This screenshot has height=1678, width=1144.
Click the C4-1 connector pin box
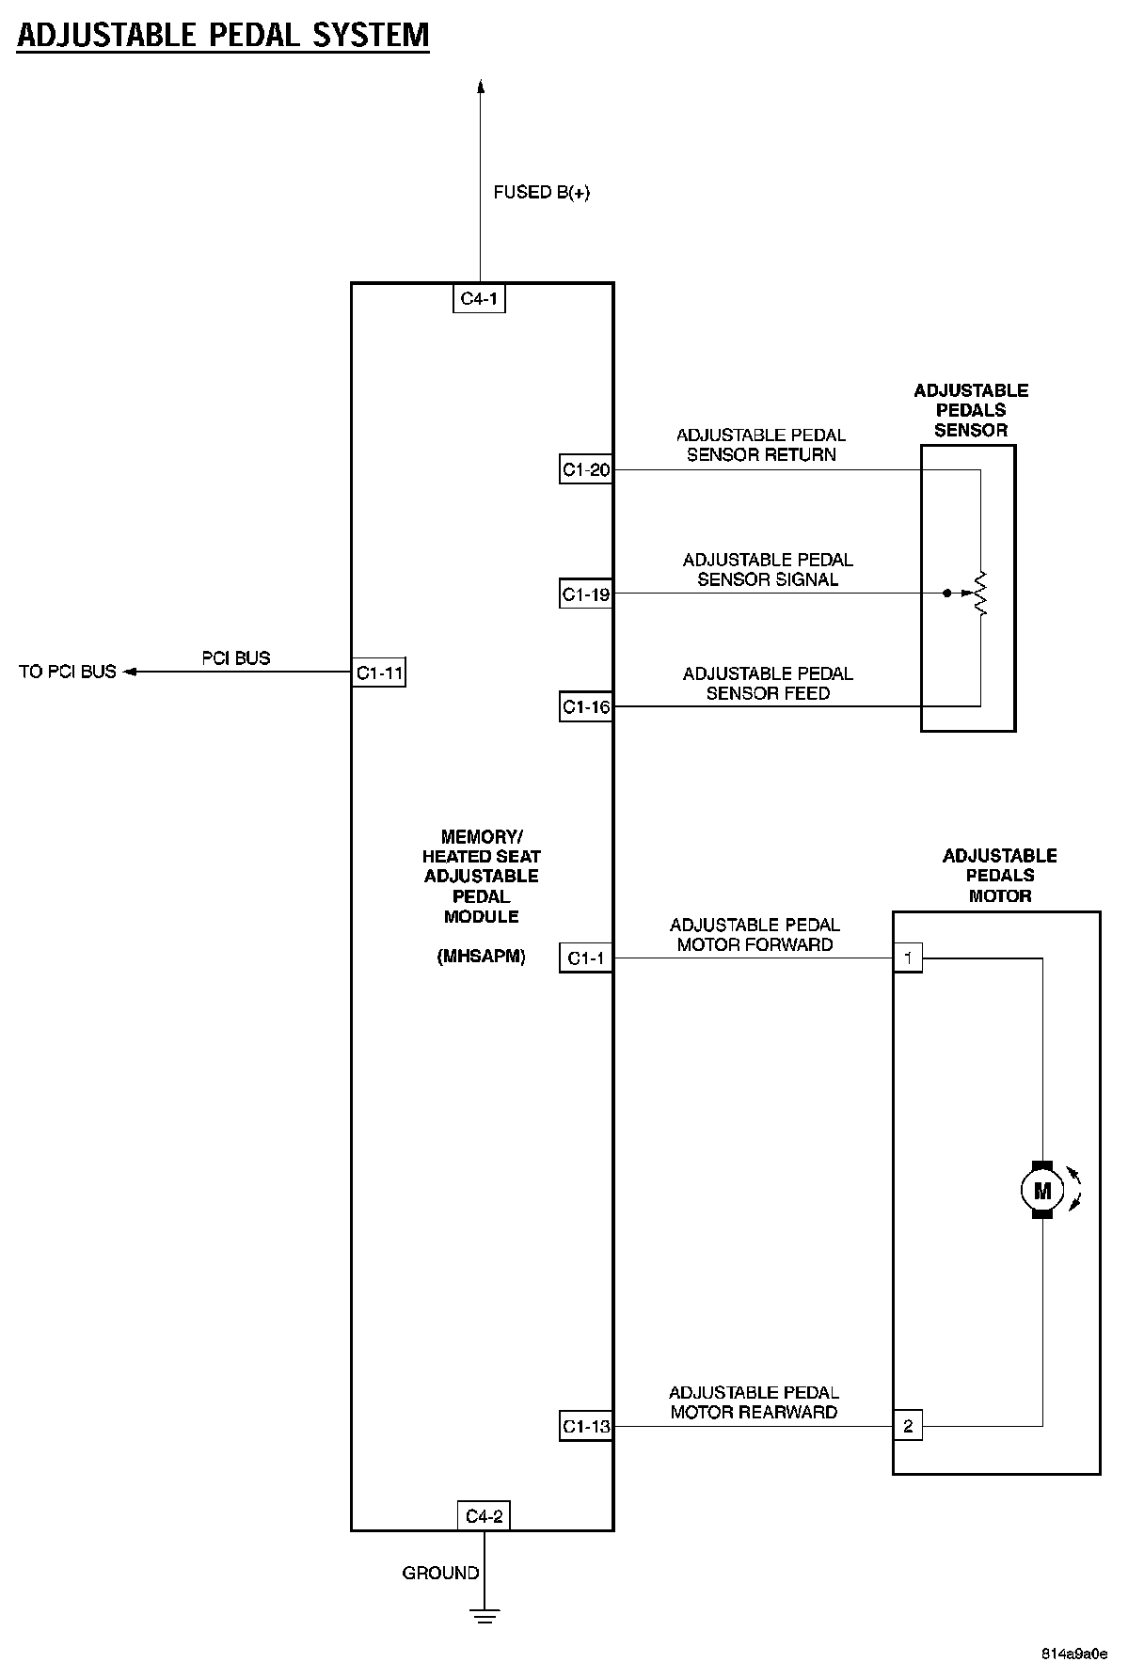(479, 300)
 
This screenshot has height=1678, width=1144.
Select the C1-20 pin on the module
(585, 469)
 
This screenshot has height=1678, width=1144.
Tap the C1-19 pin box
(585, 594)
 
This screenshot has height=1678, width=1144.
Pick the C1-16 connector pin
(585, 707)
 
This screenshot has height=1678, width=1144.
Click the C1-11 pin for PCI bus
(379, 673)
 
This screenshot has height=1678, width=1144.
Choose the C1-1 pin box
(585, 958)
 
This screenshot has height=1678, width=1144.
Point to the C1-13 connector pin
(585, 1427)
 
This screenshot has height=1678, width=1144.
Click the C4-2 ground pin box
(484, 1516)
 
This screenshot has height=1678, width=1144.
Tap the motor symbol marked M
(1041, 1191)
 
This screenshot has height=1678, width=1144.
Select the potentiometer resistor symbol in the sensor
(980, 594)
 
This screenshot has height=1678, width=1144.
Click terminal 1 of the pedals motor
(907, 958)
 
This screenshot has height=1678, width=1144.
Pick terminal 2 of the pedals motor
(907, 1427)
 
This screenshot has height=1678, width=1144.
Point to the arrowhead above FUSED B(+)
(481, 87)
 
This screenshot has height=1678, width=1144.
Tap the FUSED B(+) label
(541, 193)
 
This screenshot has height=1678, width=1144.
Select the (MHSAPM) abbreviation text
(481, 958)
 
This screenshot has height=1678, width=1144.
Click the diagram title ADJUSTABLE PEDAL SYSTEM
(223, 36)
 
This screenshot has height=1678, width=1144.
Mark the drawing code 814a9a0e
(1073, 1654)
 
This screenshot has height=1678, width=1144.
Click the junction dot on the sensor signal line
(946, 594)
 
